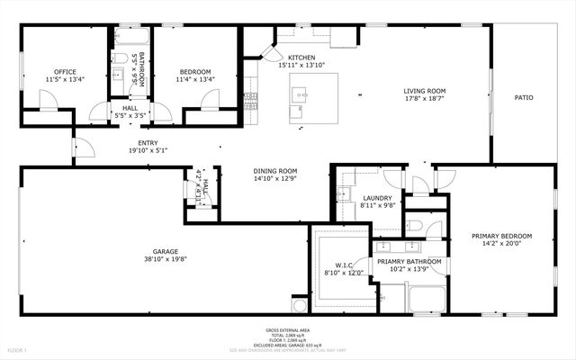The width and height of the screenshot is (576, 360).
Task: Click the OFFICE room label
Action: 40,72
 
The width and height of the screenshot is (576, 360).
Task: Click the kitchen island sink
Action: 300,93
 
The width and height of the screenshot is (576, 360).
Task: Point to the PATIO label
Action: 524,97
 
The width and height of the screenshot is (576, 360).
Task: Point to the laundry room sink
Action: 343,193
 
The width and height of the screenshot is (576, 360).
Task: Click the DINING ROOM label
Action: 275,171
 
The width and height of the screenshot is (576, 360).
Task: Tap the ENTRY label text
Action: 148,142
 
